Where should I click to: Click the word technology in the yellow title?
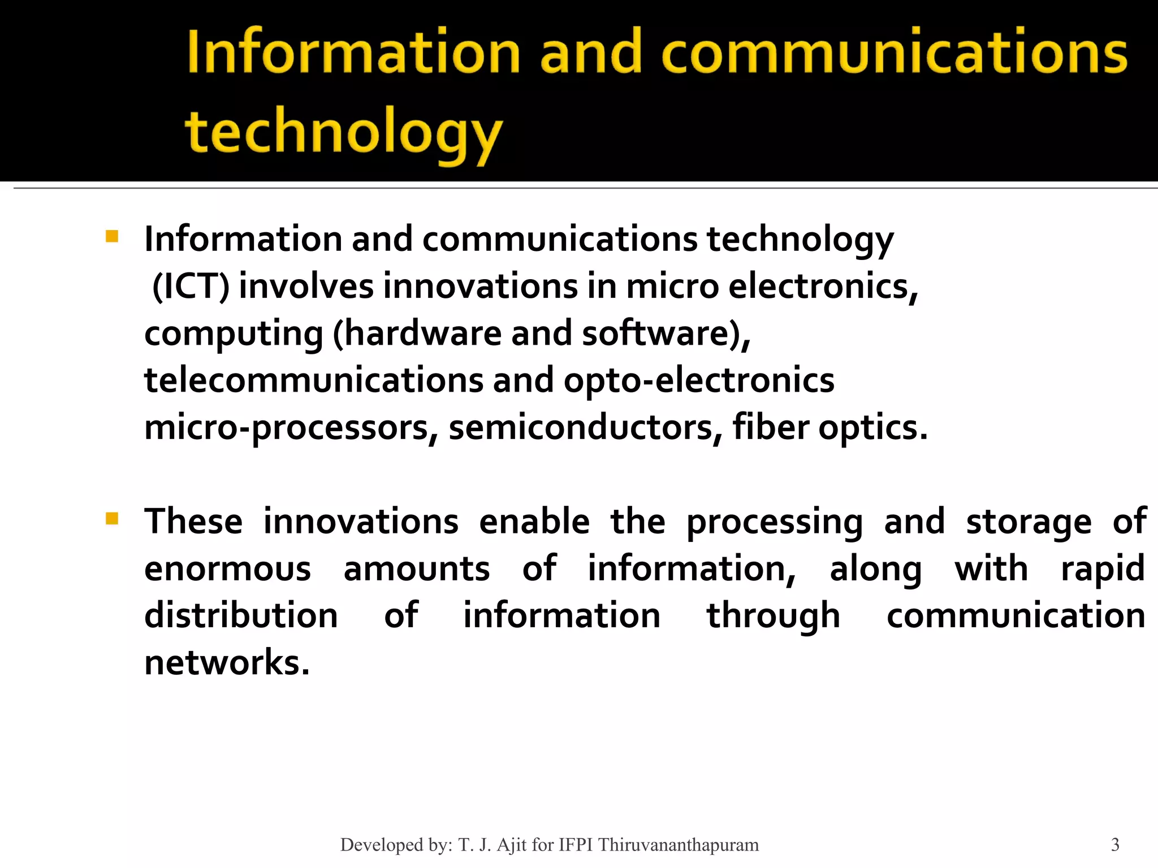point(343,133)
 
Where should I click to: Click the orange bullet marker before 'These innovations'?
point(111,518)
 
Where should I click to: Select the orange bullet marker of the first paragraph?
point(111,236)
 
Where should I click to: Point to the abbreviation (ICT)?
point(191,287)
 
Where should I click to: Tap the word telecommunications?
point(314,380)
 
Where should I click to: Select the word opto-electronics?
point(699,380)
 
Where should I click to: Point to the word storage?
point(1029,522)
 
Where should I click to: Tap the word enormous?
point(227,568)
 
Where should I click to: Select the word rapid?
point(1103,568)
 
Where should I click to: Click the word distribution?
point(241,615)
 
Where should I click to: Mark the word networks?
point(226,663)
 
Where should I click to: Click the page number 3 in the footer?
point(1115,845)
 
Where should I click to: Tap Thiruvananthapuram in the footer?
point(679,845)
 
